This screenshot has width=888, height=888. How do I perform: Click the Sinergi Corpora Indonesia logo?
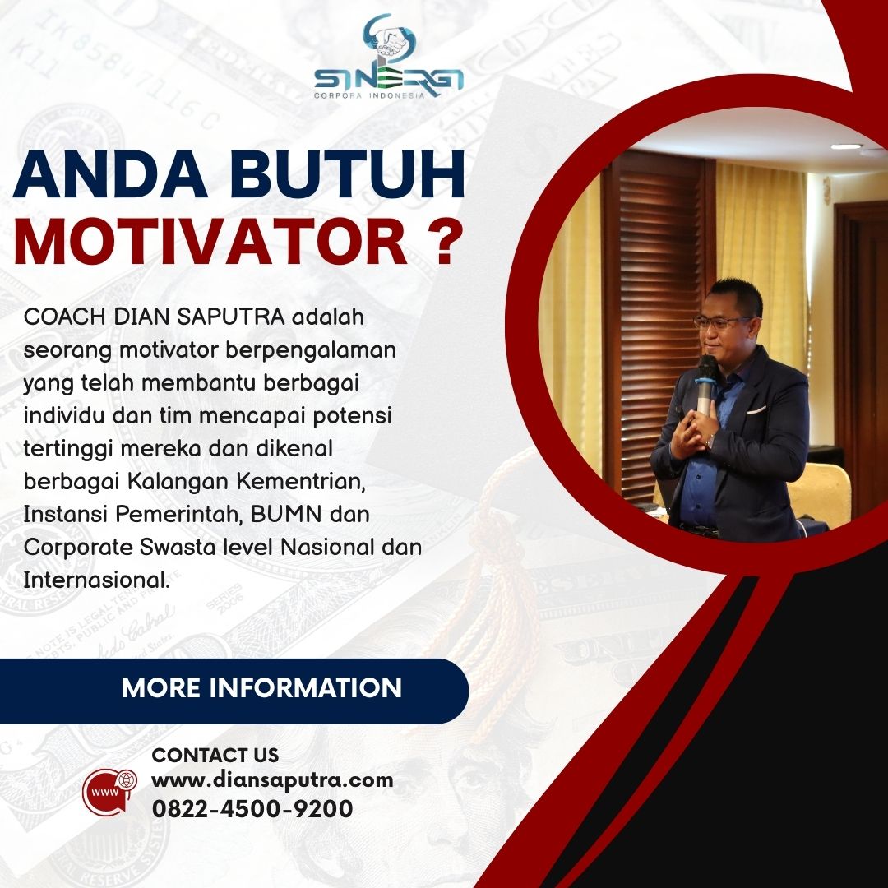coord(389,57)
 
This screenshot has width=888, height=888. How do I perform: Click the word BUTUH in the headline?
coord(347,174)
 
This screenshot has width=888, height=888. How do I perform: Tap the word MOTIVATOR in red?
coord(210,242)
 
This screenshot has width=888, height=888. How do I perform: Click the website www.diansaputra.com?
coord(272,780)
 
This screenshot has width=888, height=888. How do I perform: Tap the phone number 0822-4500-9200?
coord(252,809)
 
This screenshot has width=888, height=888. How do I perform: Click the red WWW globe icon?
coord(110,792)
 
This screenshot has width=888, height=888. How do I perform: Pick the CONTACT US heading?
coord(215,755)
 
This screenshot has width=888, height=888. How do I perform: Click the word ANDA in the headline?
coord(110,174)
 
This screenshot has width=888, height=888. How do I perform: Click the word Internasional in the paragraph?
coord(96,580)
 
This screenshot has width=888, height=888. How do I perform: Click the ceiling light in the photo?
coord(846,146)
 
